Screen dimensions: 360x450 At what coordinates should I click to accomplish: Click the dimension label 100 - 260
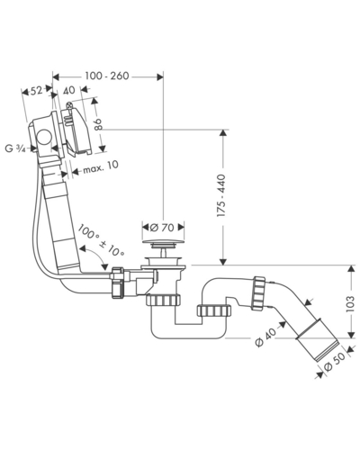[107, 76]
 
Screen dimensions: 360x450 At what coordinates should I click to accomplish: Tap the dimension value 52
[36, 90]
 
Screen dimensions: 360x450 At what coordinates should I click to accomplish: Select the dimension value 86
[98, 124]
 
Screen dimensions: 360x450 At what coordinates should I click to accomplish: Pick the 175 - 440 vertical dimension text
[221, 195]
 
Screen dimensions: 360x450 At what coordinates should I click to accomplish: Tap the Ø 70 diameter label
[162, 228]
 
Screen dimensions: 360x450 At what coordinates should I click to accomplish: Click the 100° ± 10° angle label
[101, 241]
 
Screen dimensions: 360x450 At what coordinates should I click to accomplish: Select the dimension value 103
[349, 304]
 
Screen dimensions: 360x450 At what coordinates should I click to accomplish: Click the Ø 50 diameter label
[335, 363]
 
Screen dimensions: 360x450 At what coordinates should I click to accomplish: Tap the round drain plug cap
[163, 242]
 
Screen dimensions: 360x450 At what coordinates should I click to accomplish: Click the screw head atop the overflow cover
[69, 105]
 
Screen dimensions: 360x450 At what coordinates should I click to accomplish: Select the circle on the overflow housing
[44, 137]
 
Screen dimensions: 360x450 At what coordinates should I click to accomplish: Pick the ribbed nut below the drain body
[164, 300]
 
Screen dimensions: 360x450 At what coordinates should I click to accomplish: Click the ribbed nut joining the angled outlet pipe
[258, 293]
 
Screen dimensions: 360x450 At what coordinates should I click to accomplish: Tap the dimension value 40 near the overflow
[69, 90]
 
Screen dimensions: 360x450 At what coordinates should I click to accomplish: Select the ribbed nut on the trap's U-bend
[214, 310]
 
